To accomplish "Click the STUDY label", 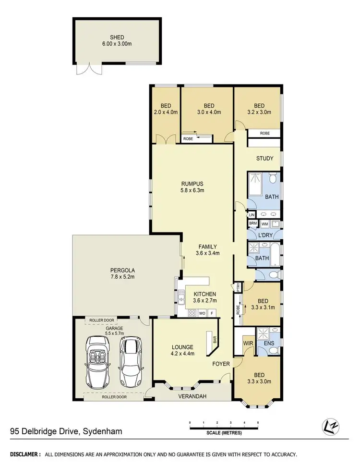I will point(264,159).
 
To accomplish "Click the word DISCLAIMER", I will point(25,454).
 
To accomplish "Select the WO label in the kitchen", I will point(203,313).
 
